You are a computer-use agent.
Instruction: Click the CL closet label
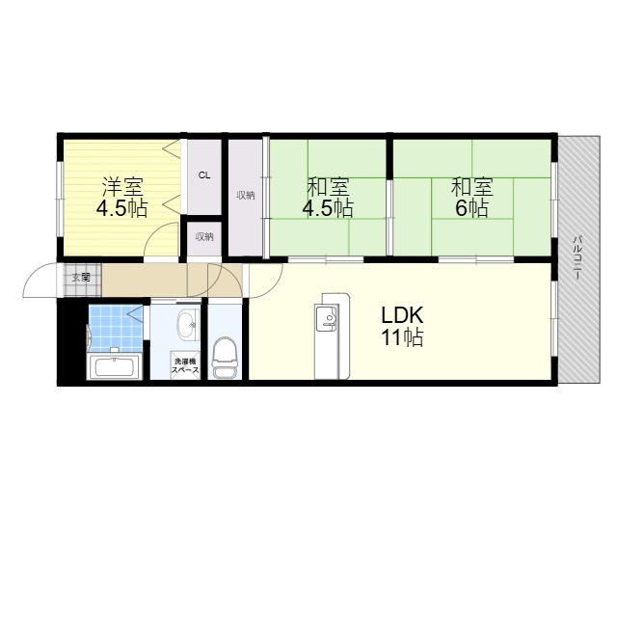pyautogui.click(x=204, y=175)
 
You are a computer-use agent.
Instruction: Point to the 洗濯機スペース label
pyautogui.click(x=185, y=365)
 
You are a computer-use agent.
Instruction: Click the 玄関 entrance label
pyautogui.click(x=81, y=278)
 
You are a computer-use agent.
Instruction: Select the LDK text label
pyautogui.click(x=402, y=315)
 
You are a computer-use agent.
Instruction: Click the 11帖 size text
pyautogui.click(x=402, y=337)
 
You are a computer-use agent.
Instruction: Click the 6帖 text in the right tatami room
pyautogui.click(x=472, y=208)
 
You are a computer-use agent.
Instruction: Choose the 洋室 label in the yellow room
pyautogui.click(x=122, y=187)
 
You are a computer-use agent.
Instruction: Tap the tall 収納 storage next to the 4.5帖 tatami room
pyautogui.click(x=246, y=196)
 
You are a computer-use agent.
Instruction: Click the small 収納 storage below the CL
pyautogui.click(x=204, y=237)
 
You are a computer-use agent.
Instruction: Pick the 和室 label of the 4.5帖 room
pyautogui.click(x=328, y=187)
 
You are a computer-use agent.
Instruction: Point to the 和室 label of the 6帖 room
pyautogui.click(x=472, y=187)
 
